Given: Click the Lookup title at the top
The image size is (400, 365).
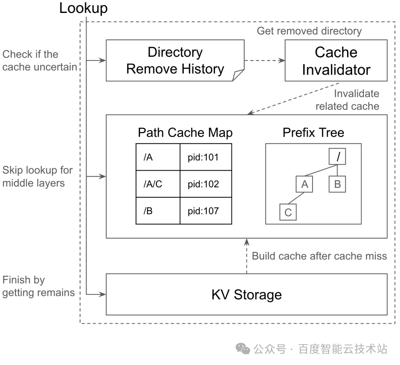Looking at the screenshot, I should click(x=83, y=8).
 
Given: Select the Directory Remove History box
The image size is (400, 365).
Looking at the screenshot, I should click(x=175, y=60).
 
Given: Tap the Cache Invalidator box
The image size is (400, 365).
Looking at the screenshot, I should click(x=336, y=60).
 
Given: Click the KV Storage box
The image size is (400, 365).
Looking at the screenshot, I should click(x=247, y=295).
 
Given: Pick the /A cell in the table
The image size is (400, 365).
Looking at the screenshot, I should click(x=158, y=157).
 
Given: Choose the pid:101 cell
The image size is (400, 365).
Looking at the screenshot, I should click(x=205, y=157).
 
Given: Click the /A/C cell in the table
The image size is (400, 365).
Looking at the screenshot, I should click(x=158, y=184).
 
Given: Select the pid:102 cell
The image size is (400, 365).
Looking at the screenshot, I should click(x=205, y=184).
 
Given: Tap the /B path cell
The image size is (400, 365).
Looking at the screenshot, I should click(x=158, y=211).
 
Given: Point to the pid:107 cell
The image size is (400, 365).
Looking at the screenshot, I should click(x=205, y=211).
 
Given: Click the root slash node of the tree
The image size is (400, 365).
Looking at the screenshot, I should click(x=338, y=157).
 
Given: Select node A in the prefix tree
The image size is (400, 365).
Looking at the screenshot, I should click(x=305, y=184).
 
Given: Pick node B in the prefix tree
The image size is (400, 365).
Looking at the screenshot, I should click(x=337, y=184).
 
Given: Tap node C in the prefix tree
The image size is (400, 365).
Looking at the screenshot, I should click(x=288, y=212).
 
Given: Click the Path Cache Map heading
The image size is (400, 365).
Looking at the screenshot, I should click(x=185, y=133).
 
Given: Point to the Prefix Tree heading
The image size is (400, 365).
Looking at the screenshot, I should click(x=313, y=133).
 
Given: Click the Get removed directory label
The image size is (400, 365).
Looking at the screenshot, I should click(x=309, y=31).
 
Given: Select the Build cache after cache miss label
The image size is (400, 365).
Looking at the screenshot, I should click(x=319, y=256).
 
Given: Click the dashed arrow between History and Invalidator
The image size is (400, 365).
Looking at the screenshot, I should click(x=264, y=60).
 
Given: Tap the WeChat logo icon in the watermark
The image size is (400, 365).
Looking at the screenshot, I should click(x=242, y=348).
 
